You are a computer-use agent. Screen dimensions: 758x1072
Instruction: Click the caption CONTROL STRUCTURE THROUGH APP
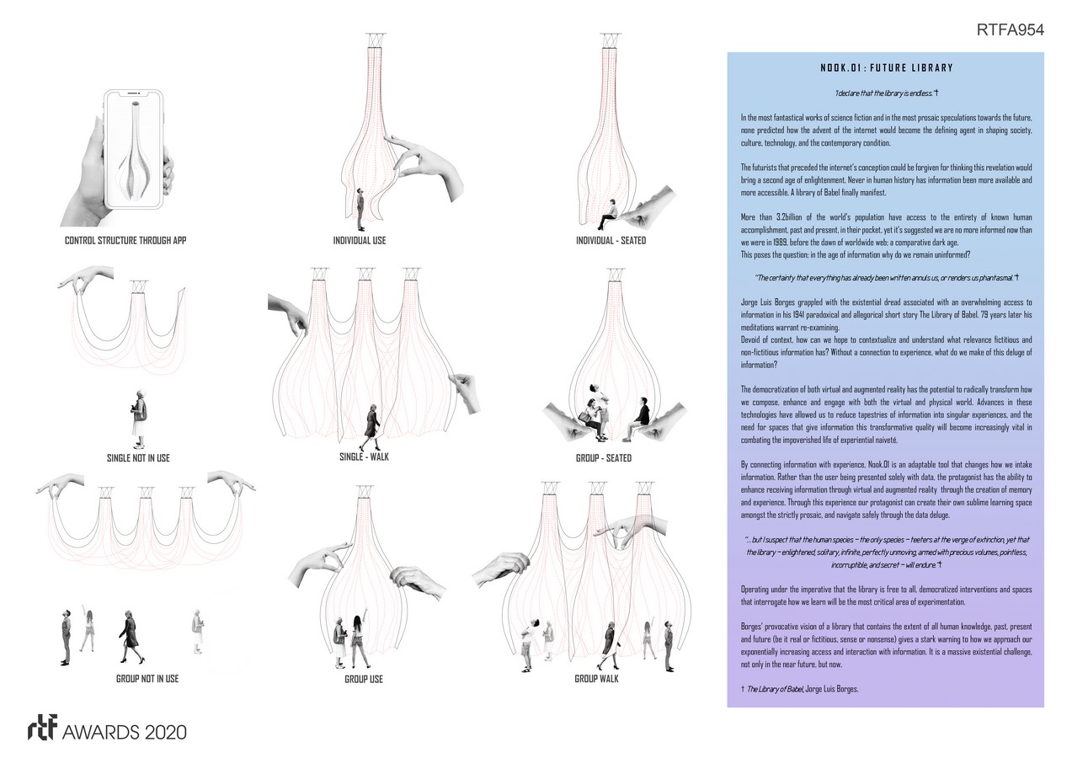pyautogui.click(x=125, y=241)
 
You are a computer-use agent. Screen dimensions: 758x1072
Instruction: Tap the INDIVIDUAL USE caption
pyautogui.click(x=360, y=241)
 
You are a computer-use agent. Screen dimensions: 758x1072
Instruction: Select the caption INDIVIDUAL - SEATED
pyautogui.click(x=611, y=241)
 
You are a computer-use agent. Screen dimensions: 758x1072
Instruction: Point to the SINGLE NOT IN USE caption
pyautogui.click(x=139, y=457)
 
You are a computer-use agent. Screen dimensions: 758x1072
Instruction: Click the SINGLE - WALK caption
pyautogui.click(x=360, y=456)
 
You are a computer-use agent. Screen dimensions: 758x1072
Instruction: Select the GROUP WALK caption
pyautogui.click(x=596, y=678)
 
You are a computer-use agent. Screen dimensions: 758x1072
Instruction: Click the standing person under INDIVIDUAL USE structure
pyautogui.click(x=360, y=209)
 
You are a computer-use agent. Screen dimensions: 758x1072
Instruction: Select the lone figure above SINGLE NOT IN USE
pyautogui.click(x=138, y=419)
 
